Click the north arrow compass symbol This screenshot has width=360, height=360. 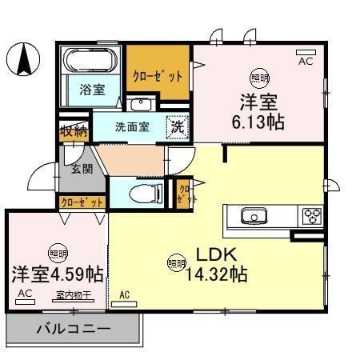tap(25, 58)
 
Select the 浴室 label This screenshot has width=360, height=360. tap(90, 90)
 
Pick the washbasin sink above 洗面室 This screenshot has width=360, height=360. tap(141, 104)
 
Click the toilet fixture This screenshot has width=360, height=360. tap(144, 192)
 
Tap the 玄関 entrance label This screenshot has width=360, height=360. tap(81, 168)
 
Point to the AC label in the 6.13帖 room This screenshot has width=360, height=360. tap(306, 60)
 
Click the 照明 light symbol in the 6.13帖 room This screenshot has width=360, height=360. tap(259, 76)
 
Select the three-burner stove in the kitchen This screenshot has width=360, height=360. tap(310, 216)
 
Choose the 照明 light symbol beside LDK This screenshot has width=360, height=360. tap(175, 262)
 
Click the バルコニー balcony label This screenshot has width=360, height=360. tap(74, 327)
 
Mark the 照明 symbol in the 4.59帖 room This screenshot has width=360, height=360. tap(57, 254)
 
